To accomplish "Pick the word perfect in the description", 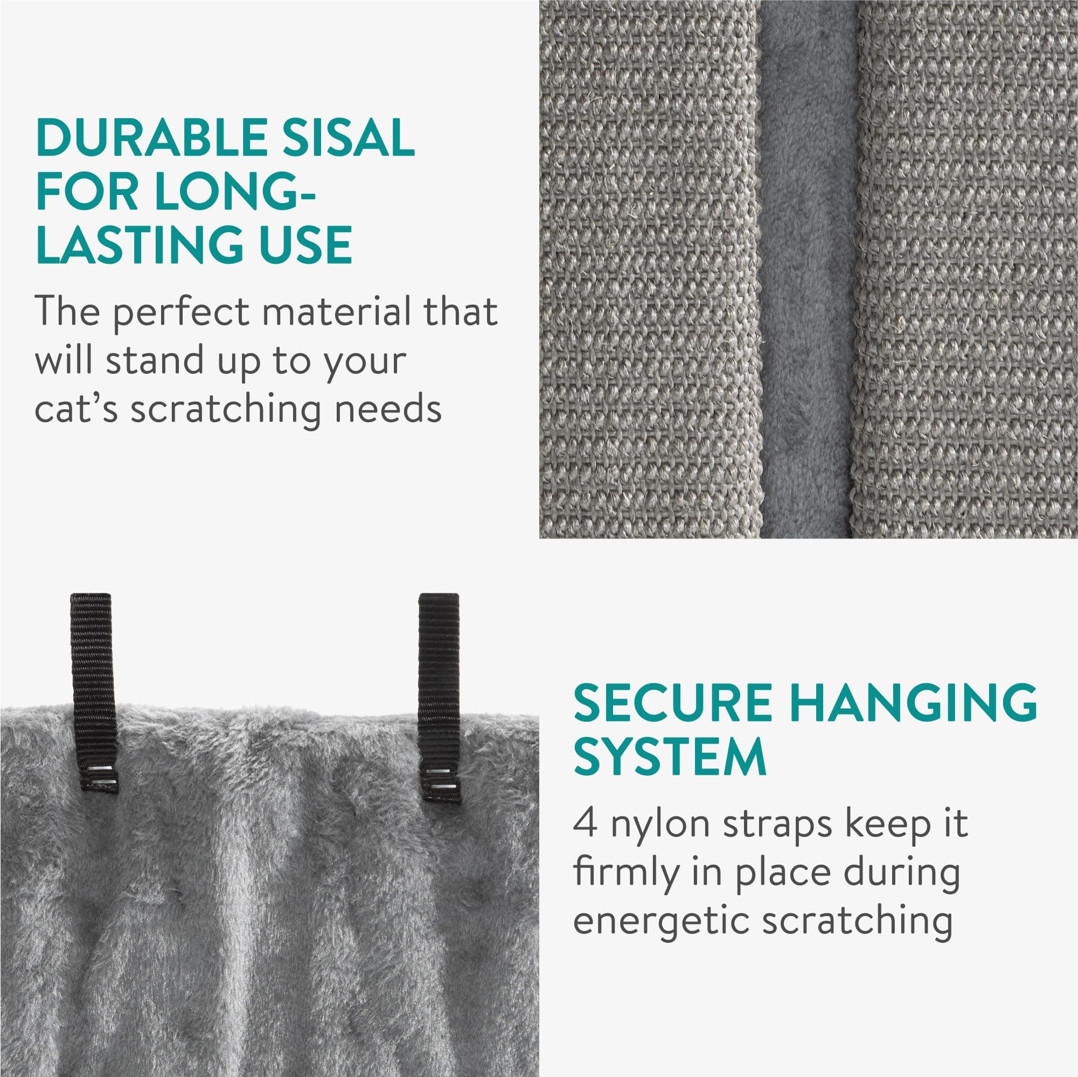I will [181, 312].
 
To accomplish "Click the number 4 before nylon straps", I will [585, 824].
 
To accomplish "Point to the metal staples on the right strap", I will [440, 779].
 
